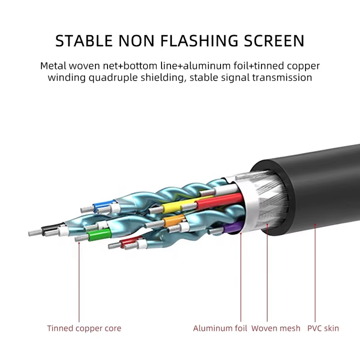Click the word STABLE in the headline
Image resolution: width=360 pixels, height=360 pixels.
point(84,41)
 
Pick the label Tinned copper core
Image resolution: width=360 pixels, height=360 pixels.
point(84,328)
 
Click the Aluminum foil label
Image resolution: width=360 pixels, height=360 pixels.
point(220,328)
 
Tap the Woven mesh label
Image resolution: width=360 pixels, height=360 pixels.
point(275,328)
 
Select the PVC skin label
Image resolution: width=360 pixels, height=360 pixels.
point(323,328)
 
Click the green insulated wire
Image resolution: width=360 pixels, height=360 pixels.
point(100,235)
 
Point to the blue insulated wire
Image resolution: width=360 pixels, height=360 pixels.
point(104,204)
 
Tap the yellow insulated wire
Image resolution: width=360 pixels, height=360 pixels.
point(179,205)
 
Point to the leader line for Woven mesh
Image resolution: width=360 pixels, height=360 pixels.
point(267,273)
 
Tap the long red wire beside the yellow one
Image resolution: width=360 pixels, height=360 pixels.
point(219,201)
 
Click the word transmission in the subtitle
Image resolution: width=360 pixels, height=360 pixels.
point(282,77)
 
